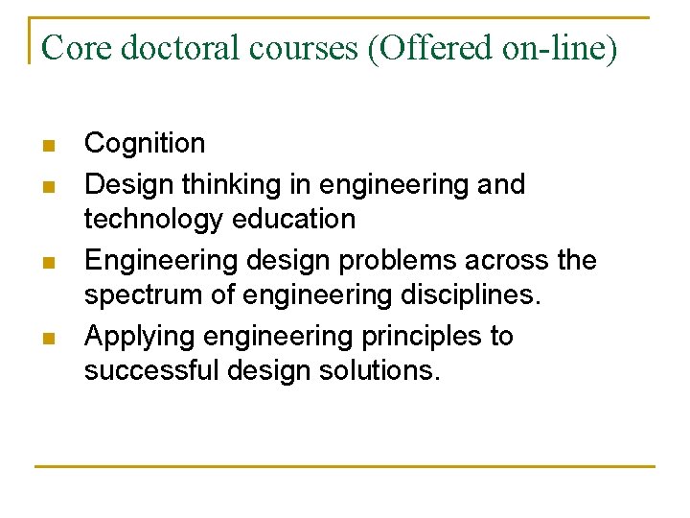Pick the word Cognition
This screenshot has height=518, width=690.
pyautogui.click(x=145, y=144)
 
